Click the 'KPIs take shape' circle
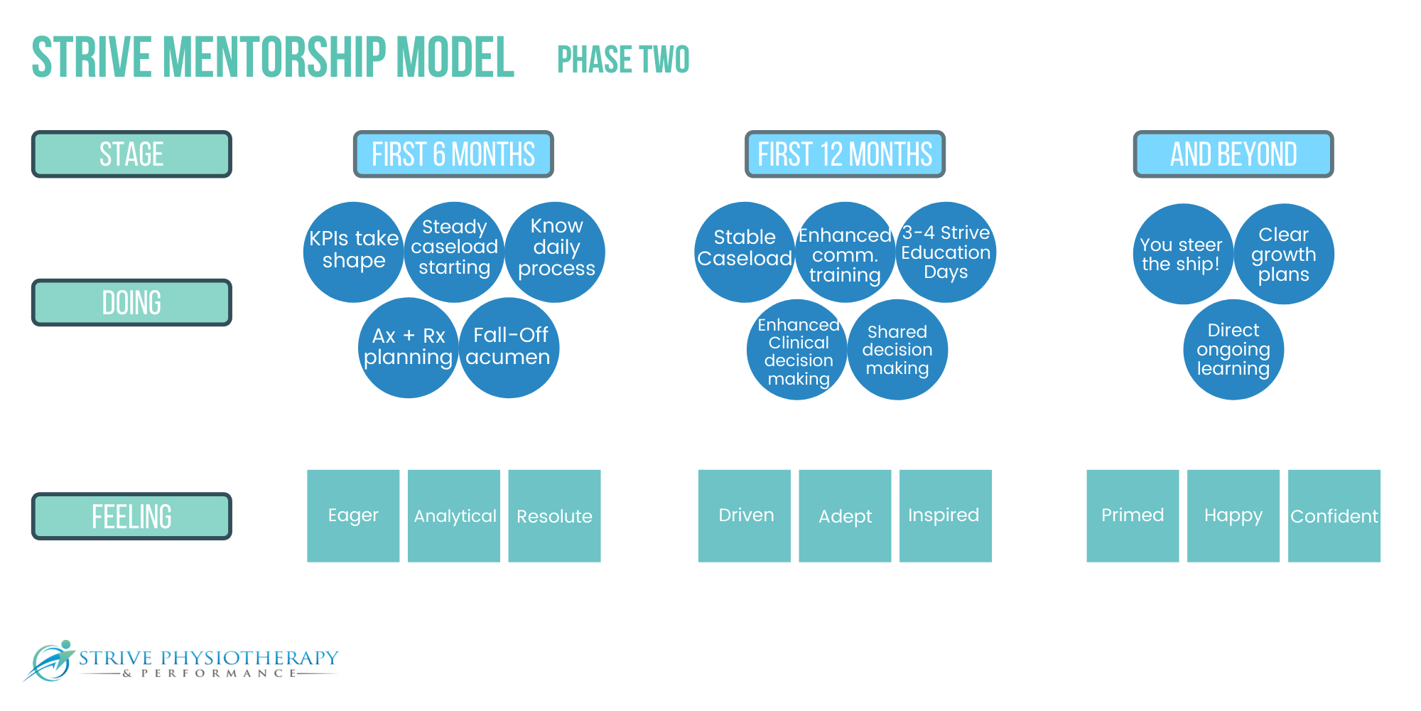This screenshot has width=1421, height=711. [x=354, y=252]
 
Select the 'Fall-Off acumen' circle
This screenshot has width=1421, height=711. [x=509, y=348]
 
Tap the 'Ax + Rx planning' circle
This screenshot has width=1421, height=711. [x=409, y=348]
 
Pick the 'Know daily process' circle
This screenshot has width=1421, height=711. [x=555, y=252]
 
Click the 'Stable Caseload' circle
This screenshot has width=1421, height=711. [x=745, y=252]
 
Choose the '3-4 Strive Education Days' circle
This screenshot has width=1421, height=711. [x=946, y=252]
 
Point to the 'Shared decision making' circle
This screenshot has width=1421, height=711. [x=897, y=350]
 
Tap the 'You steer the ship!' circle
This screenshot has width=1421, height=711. [x=1183, y=254]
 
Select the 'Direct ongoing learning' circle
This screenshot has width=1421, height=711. [x=1233, y=350]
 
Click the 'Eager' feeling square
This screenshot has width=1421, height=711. [x=353, y=516]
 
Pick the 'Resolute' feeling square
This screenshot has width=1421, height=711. [x=554, y=516]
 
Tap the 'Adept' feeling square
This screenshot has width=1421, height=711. [x=845, y=516]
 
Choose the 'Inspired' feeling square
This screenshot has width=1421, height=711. [x=946, y=516]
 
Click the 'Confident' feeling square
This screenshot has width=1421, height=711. [x=1334, y=516]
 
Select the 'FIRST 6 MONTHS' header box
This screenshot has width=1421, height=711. [x=453, y=154]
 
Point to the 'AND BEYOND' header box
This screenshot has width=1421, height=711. [x=1233, y=154]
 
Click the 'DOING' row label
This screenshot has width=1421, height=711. [x=131, y=303]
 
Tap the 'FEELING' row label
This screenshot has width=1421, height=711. [x=131, y=516]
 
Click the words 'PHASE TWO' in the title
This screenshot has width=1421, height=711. [x=623, y=60]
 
